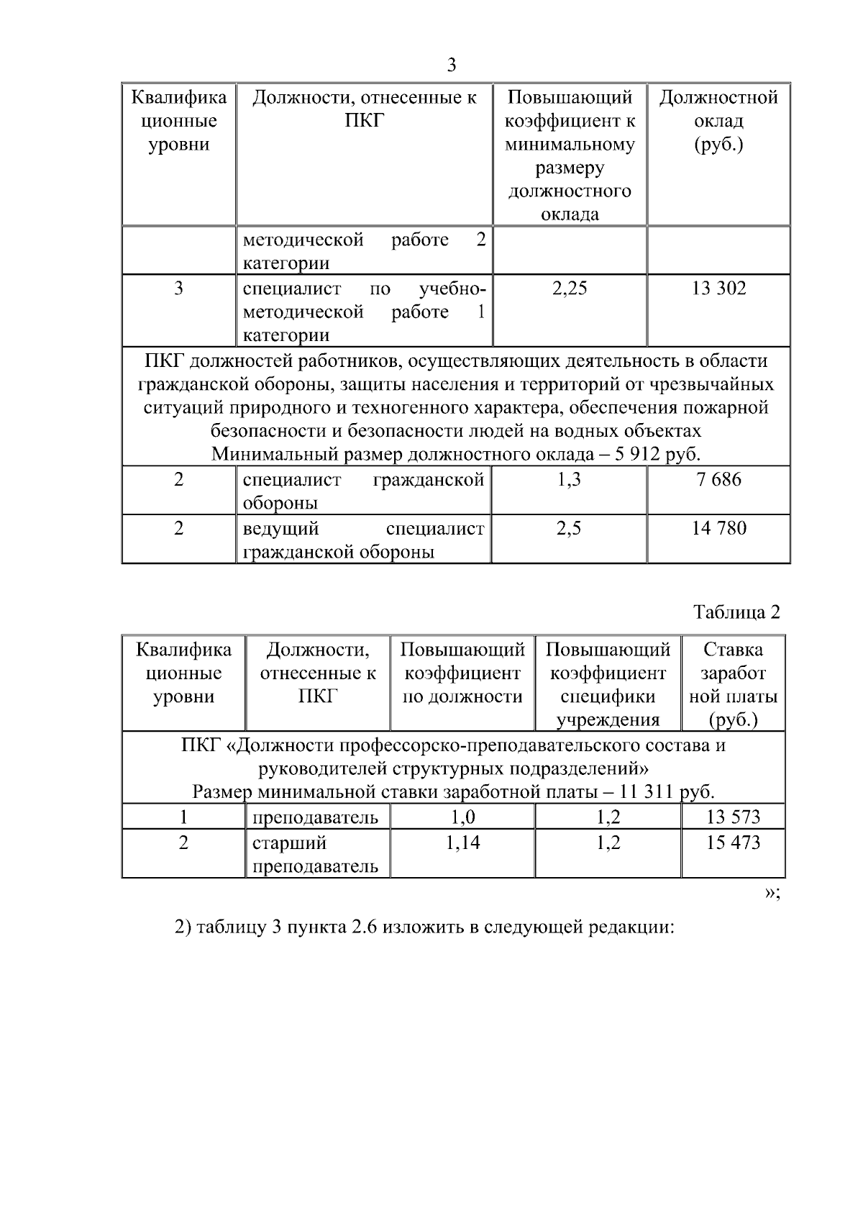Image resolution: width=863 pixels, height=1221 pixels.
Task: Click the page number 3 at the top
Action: tap(451, 65)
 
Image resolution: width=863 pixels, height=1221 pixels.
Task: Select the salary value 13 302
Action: tap(718, 289)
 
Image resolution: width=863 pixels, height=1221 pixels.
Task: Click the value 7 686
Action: tap(718, 479)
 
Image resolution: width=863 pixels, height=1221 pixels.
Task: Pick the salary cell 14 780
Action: tap(718, 528)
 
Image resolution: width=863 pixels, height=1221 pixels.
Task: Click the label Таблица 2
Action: tap(736, 612)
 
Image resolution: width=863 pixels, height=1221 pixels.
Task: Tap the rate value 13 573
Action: tap(733, 817)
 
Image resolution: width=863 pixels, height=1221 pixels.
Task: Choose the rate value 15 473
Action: tap(733, 842)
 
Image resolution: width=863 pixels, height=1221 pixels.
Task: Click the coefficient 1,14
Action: tap(462, 842)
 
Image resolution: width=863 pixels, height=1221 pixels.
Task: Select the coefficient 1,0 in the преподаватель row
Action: tap(462, 817)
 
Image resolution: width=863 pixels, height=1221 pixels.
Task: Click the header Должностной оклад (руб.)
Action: tap(718, 121)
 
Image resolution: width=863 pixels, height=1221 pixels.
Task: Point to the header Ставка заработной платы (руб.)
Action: tap(733, 684)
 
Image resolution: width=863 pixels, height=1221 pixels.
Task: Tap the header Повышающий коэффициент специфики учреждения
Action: tap(608, 684)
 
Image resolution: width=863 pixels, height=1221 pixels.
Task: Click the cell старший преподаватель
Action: tap(315, 854)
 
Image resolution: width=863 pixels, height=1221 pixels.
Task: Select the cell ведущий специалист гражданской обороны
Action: tap(363, 540)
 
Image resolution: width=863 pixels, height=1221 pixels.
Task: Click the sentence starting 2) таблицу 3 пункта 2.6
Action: tap(424, 927)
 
